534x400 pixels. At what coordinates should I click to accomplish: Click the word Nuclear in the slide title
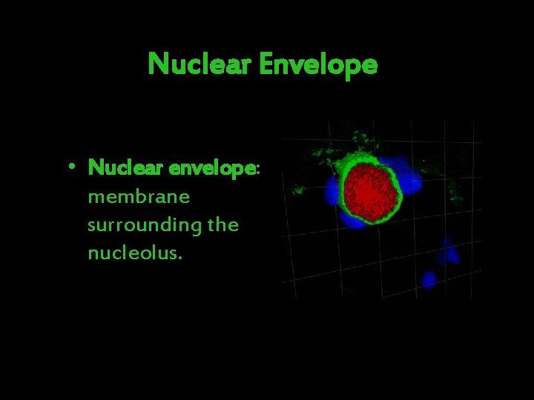pos(200,64)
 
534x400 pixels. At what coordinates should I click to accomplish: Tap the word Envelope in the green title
pos(318,65)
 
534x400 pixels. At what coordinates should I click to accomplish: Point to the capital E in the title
pos(266,64)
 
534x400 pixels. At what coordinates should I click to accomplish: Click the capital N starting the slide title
pos(156,64)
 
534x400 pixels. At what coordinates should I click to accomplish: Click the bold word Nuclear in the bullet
pos(126,168)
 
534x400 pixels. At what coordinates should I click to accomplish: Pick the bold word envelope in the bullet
pos(211,169)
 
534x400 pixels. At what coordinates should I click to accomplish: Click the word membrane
pos(139,197)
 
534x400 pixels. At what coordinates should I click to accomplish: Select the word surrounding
pos(145,225)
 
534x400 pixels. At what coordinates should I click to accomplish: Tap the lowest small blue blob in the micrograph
pos(429,279)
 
